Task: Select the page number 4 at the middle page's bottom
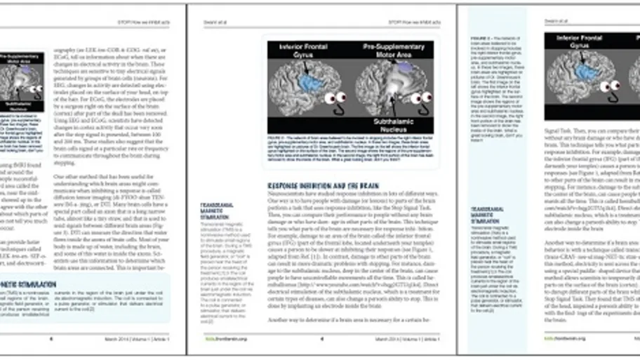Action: [321, 338]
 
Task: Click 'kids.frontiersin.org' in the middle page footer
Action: [215, 338]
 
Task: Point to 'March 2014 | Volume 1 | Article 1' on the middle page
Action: [408, 338]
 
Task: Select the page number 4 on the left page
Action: [51, 338]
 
